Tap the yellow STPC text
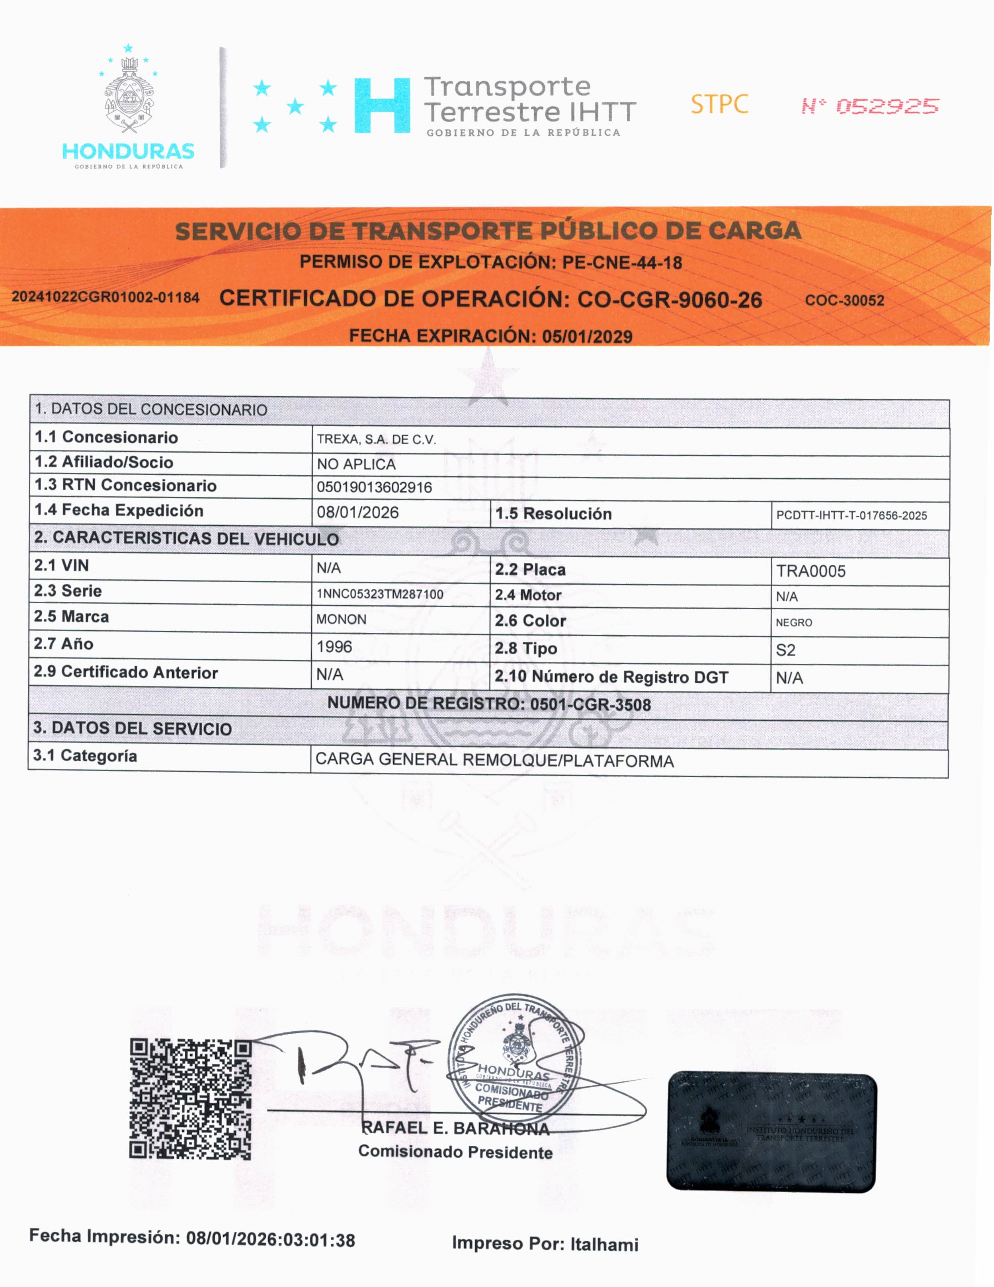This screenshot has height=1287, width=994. click(719, 104)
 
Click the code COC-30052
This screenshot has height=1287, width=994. click(844, 300)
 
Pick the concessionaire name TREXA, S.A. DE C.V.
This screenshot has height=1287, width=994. click(376, 439)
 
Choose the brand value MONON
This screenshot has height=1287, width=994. click(342, 619)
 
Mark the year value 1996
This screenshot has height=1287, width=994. click(334, 646)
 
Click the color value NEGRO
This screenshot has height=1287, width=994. click(793, 622)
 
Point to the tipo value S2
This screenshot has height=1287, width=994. click(785, 650)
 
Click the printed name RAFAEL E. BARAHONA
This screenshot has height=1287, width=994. click(455, 1128)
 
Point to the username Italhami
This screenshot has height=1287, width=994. click(604, 1244)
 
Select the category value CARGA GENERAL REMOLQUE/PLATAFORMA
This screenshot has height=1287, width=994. click(494, 760)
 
